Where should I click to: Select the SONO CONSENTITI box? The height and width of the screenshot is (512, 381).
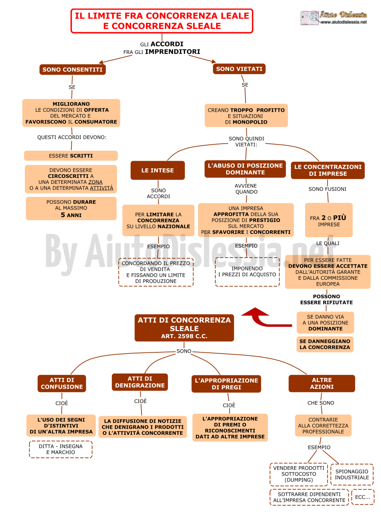pos(72,69)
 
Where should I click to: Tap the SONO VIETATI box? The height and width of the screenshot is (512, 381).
pos(239,69)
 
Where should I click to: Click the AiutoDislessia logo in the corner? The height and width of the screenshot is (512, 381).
pos(333,17)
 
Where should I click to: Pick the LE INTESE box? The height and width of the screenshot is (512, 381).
pos(158,170)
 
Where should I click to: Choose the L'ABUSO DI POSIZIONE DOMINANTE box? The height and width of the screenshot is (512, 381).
pos(245,169)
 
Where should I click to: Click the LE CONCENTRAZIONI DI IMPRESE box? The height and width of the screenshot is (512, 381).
pos(328,170)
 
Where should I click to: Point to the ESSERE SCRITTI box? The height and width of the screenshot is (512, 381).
pos(71,156)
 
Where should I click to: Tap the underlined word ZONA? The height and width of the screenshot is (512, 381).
pos(95,182)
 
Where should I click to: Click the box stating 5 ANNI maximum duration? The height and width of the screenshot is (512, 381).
pos(71,208)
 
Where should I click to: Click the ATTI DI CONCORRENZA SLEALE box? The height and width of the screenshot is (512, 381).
pos(184,328)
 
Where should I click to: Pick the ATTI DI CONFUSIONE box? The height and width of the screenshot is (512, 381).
pos(62,384)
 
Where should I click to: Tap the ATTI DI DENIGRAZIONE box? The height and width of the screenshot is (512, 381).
pos(140,382)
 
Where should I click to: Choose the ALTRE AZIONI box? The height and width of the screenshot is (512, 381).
pos(322,384)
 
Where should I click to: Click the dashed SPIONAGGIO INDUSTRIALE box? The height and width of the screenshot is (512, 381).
pos(352,475)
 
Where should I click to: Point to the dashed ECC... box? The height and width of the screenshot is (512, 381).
pos(362,497)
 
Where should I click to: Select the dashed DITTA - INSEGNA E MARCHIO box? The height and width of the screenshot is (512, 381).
pos(61,449)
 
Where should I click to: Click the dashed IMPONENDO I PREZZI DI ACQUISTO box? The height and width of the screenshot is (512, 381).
pos(247,272)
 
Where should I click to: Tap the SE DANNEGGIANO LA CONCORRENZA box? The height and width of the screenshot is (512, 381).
pos(325,344)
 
